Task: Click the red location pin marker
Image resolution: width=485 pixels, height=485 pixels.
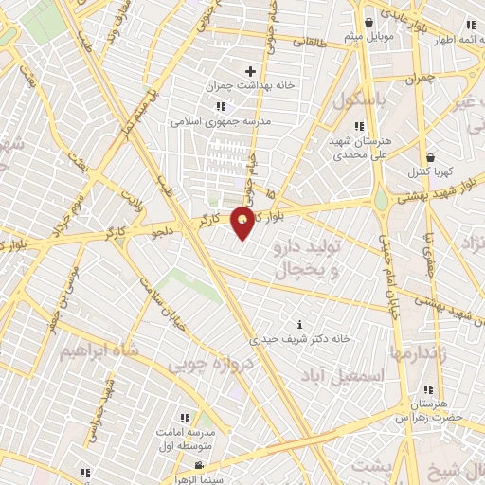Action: coord(243,222)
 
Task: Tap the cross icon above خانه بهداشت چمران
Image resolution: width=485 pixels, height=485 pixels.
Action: coord(250,71)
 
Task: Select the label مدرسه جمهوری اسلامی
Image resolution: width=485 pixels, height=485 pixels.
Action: coord(220,122)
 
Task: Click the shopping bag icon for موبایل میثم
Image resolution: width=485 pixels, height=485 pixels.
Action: coord(369,22)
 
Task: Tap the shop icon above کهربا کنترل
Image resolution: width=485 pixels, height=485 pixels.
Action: coord(431,158)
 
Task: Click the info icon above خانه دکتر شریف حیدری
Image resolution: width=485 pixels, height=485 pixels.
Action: coord(300,325)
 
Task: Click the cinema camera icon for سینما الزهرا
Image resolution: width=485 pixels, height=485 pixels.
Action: coord(199,464)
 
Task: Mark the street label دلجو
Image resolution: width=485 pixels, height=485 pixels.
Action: coord(163,228)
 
